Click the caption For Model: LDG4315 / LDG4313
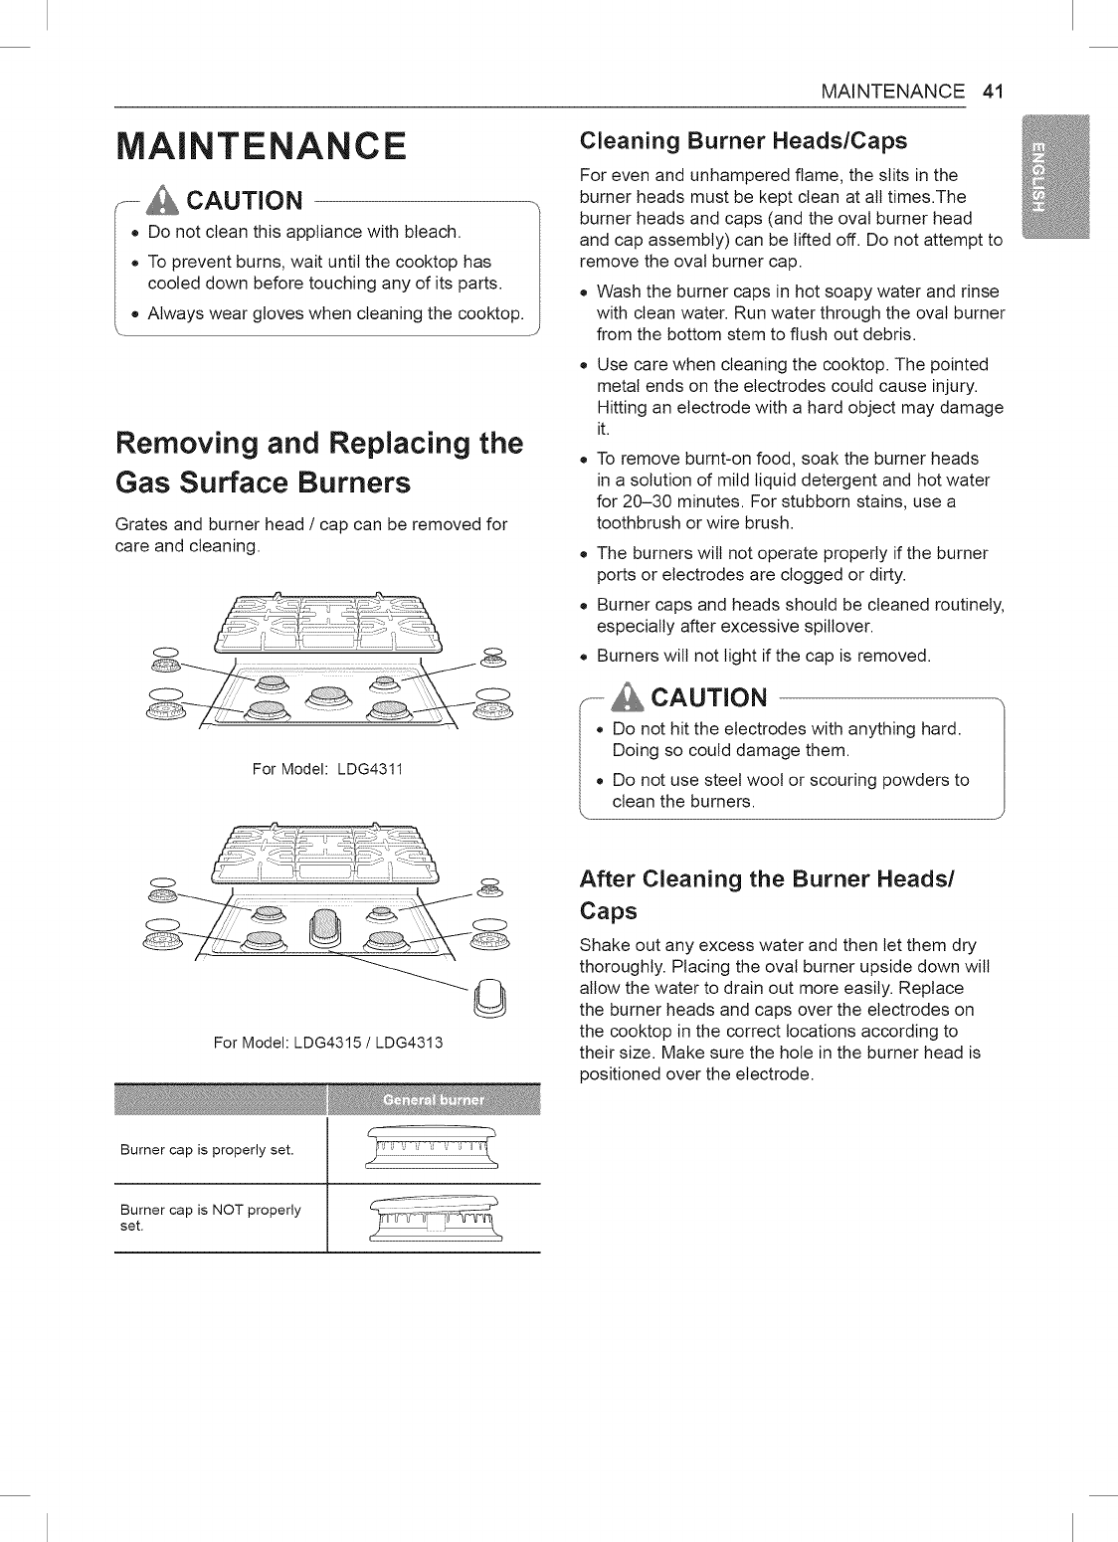pos(327,1043)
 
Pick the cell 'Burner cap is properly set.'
pos(221,1151)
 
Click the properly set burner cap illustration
pos(433,1151)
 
